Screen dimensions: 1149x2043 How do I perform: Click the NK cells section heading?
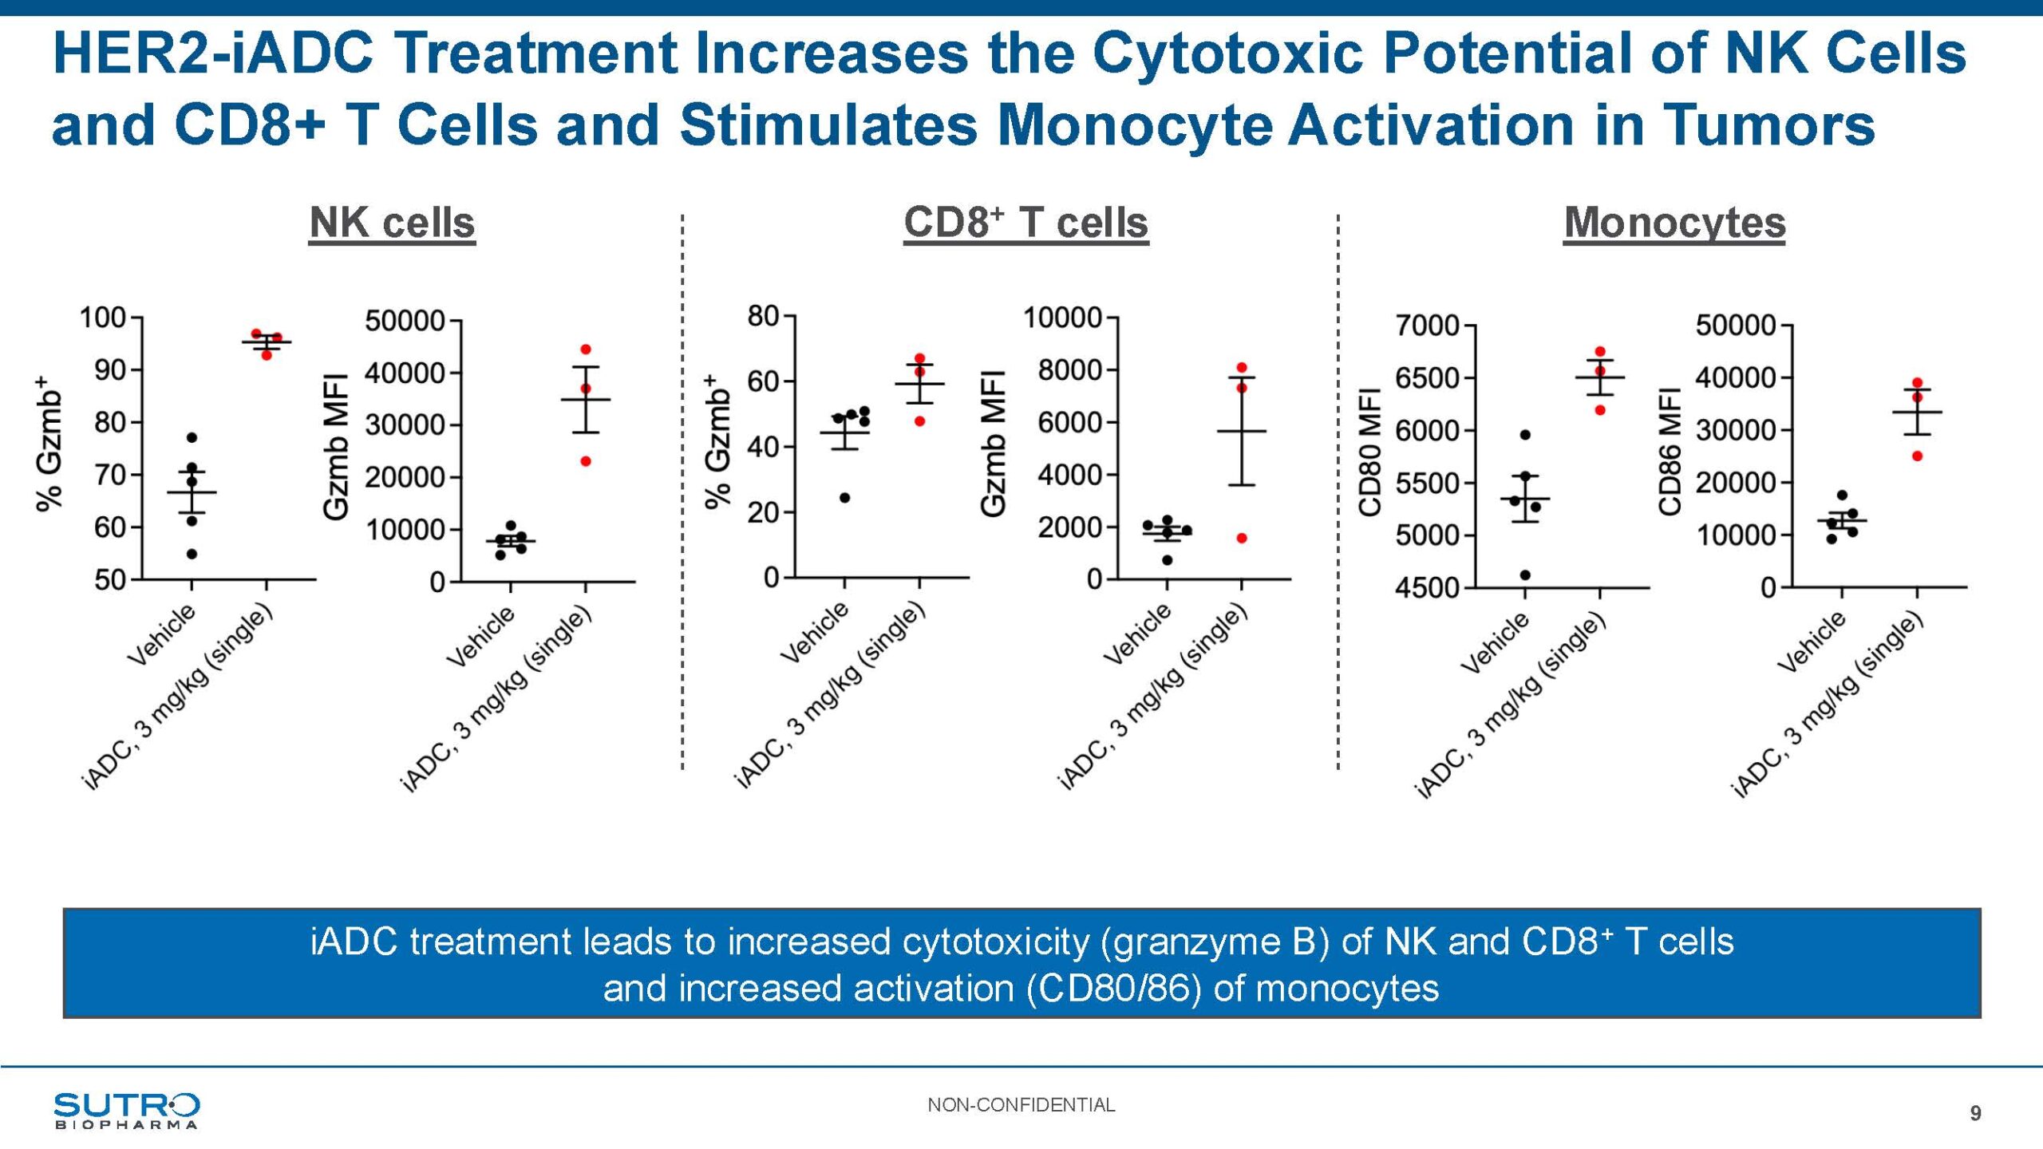[x=392, y=223]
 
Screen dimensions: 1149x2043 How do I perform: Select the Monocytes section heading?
[x=1674, y=223]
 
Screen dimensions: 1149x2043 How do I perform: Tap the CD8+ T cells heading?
[x=1025, y=223]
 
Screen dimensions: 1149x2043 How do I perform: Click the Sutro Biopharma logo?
[x=126, y=1110]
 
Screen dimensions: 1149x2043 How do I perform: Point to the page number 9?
[x=1975, y=1113]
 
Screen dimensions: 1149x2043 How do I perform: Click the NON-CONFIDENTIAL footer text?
[x=1021, y=1105]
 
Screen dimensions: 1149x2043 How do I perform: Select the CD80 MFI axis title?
[x=1369, y=452]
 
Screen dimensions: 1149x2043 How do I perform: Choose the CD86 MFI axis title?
[x=1670, y=452]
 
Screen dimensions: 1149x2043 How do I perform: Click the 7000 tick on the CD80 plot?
[x=1427, y=326]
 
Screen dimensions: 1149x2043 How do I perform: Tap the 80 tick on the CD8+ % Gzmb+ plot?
[x=763, y=316]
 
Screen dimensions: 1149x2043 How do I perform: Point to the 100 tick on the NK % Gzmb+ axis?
[x=103, y=318]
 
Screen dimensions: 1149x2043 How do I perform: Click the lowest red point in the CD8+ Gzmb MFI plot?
[x=1242, y=539]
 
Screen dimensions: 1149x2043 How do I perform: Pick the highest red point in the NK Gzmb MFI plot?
[x=586, y=349]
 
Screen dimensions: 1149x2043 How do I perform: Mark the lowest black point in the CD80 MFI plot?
[x=1525, y=575]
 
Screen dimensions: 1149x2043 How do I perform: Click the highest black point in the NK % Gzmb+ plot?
[x=192, y=438]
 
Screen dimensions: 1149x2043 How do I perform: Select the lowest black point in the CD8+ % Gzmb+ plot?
[x=844, y=498]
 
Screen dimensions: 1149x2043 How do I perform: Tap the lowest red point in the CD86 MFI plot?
[x=1917, y=456]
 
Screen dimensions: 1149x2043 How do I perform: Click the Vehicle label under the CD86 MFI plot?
[x=1812, y=642]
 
